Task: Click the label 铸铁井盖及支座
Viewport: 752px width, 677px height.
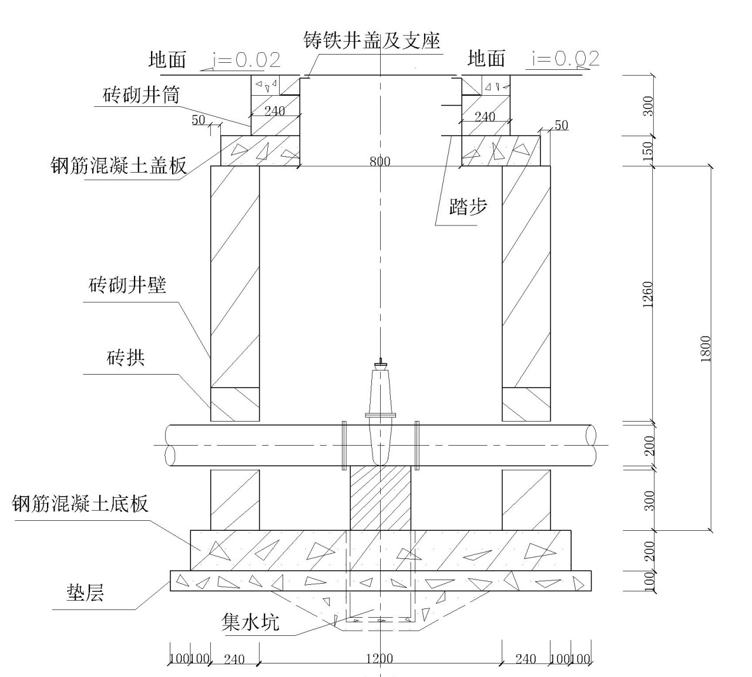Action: [x=371, y=41]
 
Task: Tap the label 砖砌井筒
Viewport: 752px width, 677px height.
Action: [x=141, y=95]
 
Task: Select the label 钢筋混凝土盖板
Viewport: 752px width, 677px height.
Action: [x=118, y=166]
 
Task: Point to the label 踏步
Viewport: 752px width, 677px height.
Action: [x=468, y=207]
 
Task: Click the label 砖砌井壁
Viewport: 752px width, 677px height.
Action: [x=127, y=285]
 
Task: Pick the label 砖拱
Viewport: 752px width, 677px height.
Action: [x=126, y=357]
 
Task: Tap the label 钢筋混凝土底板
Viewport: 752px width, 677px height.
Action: [x=80, y=504]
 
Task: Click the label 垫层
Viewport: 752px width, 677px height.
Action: [x=85, y=593]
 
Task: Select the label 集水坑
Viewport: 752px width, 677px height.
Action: [x=250, y=622]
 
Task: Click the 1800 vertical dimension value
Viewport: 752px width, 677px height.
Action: [x=706, y=349]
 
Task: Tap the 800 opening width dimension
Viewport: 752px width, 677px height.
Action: [x=380, y=161]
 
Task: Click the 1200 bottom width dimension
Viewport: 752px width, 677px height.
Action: [x=379, y=659]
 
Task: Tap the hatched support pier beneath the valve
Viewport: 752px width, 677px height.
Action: [x=380, y=498]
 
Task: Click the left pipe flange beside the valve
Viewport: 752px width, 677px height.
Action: [x=344, y=445]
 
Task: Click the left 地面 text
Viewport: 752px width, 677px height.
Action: [x=167, y=59]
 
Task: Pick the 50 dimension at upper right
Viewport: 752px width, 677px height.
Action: [x=561, y=125]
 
